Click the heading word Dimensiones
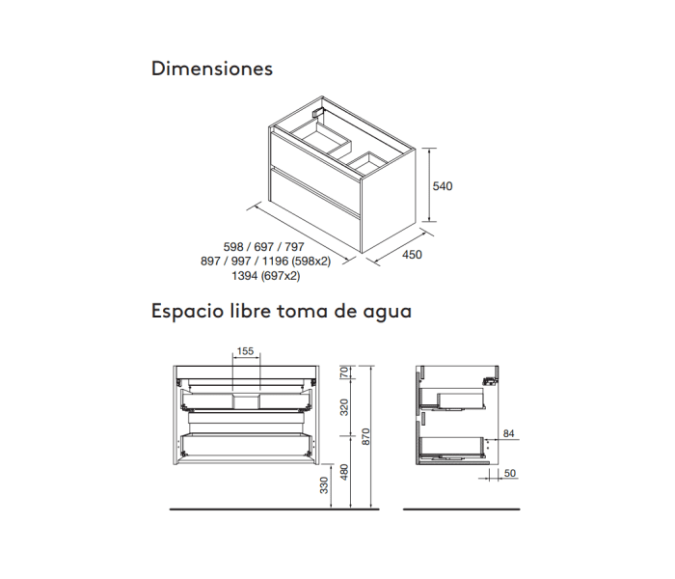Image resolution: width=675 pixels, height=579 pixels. [212, 69]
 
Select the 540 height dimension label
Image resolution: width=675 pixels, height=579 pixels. [443, 185]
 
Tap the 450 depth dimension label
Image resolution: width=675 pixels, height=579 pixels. [413, 256]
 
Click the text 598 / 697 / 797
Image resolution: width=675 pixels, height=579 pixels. [263, 247]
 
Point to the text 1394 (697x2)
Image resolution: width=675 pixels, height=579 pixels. [265, 275]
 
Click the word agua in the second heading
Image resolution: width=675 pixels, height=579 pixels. [386, 312]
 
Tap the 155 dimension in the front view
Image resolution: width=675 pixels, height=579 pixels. [245, 352]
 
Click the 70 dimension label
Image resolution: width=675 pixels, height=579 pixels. [344, 373]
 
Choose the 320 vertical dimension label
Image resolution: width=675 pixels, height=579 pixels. [344, 408]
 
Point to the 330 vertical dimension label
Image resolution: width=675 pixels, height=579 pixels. [324, 485]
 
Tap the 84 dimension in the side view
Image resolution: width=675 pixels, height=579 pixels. [511, 433]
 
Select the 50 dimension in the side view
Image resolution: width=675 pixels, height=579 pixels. [509, 473]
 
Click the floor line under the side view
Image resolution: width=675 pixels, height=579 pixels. [460, 509]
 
